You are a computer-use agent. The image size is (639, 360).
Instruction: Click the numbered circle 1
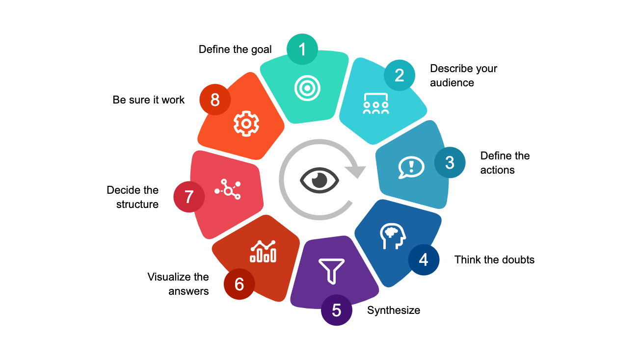(x=302, y=49)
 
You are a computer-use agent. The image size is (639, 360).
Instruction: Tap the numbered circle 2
(x=399, y=75)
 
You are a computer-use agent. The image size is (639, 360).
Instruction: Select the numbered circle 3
(x=450, y=162)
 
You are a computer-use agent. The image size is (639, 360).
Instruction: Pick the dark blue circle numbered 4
(x=424, y=259)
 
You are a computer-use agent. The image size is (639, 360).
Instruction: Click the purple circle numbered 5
(x=337, y=310)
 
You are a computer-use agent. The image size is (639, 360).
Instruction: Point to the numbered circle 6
(x=240, y=284)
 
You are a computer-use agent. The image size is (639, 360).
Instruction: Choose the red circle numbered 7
(x=189, y=197)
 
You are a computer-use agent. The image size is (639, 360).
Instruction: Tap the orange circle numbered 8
(x=215, y=100)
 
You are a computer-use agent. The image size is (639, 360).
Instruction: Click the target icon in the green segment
(x=307, y=88)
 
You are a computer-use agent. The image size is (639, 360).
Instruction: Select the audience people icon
(x=376, y=103)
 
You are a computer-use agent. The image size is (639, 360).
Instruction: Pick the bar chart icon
(x=263, y=251)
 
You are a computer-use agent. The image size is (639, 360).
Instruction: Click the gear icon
(x=245, y=123)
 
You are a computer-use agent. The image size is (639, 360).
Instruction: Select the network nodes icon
(x=228, y=189)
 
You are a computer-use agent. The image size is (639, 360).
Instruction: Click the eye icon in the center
(x=319, y=180)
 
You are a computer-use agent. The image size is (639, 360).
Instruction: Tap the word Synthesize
(x=394, y=310)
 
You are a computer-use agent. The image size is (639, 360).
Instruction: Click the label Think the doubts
(x=494, y=259)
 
